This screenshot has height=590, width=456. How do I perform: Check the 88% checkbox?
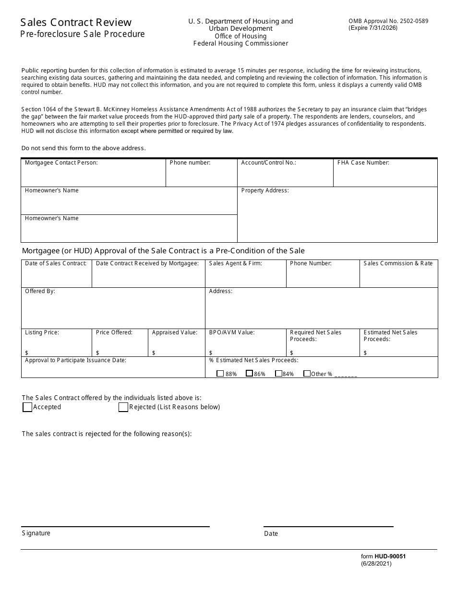coord(220,374)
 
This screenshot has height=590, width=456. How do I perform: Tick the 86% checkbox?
coord(249,374)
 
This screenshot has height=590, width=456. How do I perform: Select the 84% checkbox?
coord(278,374)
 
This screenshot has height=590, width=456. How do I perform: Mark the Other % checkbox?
coord(307,374)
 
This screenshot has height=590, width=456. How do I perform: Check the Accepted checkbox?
coord(27,407)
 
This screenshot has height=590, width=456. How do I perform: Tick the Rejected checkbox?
coord(123,407)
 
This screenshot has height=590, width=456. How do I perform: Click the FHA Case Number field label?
coord(363,163)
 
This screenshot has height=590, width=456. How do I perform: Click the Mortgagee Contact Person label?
coord(61,163)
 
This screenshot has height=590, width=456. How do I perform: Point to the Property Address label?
coord(264,190)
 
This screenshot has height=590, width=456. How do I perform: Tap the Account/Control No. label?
coord(268,163)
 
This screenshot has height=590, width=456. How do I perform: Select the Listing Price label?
coord(42,332)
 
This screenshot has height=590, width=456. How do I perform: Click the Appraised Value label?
coord(174,332)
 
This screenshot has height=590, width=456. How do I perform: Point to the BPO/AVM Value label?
coord(232,332)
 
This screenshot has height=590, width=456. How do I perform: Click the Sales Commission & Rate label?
coord(398,263)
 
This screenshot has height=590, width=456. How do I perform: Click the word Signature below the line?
coord(36,533)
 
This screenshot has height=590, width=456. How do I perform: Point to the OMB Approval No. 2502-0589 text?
coord(388,21)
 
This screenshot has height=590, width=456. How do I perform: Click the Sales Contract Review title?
coord(76,22)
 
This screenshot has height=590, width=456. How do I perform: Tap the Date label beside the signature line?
coord(271,533)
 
